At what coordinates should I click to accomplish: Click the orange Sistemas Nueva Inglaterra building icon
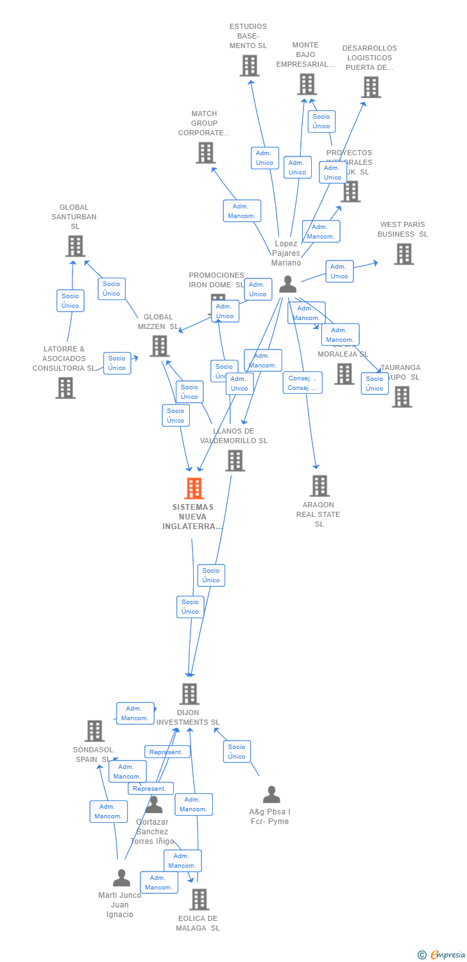pos(194,489)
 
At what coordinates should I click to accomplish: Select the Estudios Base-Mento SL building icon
pos(250,65)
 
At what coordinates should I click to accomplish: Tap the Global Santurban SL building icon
pos(75,246)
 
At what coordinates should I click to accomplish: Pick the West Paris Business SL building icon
pos(403,254)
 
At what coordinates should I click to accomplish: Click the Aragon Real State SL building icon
pos(319,486)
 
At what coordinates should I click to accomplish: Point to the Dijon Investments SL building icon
pos(189,694)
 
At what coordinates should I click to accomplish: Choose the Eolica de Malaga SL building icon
pos(199,899)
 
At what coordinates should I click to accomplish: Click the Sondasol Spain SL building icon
pos(94,731)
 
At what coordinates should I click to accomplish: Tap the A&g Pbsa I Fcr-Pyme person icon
pos(271,795)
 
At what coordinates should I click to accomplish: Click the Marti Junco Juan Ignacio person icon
pos(121,877)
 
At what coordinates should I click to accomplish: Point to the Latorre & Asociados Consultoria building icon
pos(65,388)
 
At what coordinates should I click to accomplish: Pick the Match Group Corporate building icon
pos(205,153)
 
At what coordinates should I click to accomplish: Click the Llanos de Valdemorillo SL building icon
pos(235,460)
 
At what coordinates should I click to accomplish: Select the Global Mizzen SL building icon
pos(159,346)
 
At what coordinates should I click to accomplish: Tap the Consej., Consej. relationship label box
pos(302,383)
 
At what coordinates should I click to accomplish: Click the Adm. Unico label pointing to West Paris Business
pos(339,271)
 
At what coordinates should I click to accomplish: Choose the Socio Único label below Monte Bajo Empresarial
pos(321,121)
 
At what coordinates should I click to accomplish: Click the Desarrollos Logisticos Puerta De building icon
pos(371,87)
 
